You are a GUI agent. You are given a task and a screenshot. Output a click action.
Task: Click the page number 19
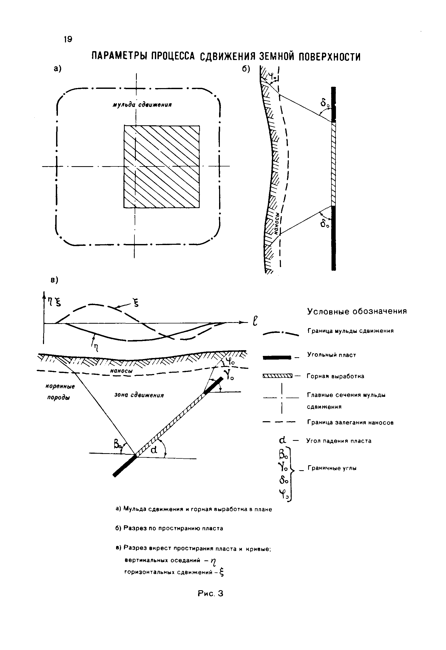click(68, 39)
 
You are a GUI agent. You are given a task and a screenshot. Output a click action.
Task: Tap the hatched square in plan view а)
click(162, 167)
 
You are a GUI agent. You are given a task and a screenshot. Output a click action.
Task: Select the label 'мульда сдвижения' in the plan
click(142, 105)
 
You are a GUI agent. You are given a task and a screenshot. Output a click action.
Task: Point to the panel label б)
click(246, 69)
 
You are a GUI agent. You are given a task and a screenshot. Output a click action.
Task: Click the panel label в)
click(54, 280)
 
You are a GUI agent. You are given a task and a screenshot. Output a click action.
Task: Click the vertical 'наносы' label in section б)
click(277, 223)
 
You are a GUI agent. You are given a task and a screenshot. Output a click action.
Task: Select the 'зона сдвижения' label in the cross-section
click(139, 395)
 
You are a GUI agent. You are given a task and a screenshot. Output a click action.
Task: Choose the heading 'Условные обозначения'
click(357, 311)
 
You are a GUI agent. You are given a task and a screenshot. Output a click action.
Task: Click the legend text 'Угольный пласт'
click(332, 355)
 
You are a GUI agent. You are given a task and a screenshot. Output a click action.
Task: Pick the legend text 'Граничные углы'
click(332, 468)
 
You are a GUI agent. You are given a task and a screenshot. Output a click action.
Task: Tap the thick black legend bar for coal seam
click(277, 357)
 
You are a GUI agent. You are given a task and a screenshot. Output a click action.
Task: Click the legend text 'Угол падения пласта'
click(339, 441)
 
